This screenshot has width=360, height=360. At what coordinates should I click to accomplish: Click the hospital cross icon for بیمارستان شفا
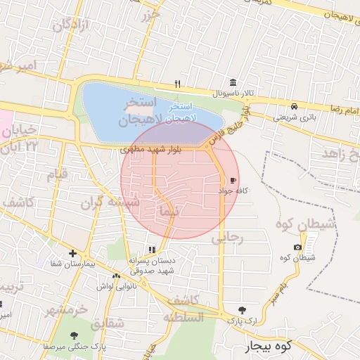tap(72, 253)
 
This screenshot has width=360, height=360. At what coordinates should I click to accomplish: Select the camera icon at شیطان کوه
tap(298, 247)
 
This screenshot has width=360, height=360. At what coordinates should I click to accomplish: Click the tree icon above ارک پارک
tap(243, 309)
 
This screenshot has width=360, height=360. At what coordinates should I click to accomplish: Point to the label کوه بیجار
tap(268, 347)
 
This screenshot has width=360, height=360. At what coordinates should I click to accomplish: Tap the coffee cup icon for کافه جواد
tap(233, 180)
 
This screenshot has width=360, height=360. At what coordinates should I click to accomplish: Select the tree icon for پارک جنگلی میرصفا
tap(75, 335)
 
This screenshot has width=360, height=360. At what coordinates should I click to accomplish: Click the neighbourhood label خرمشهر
tap(67, 309)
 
